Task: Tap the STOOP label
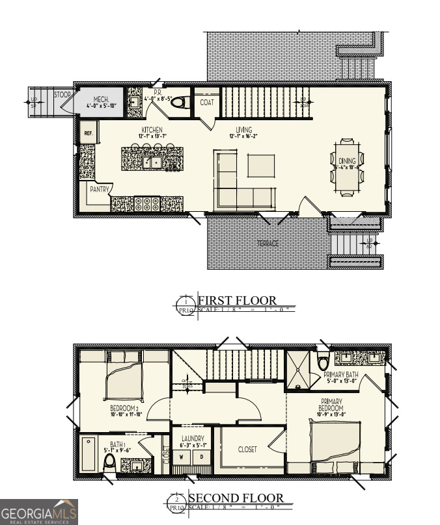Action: (x=62, y=95)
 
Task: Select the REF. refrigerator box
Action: (x=87, y=134)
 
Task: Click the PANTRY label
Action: (x=99, y=189)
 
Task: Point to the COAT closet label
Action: (x=207, y=103)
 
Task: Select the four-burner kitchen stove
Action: (x=147, y=203)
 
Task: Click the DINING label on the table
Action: (x=347, y=162)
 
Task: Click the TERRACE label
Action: (x=268, y=244)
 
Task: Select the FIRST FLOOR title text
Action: (x=237, y=301)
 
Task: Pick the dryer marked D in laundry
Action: (x=202, y=456)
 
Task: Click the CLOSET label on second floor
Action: (x=247, y=449)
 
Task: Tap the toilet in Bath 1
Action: (x=110, y=463)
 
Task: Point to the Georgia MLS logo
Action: (x=39, y=512)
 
